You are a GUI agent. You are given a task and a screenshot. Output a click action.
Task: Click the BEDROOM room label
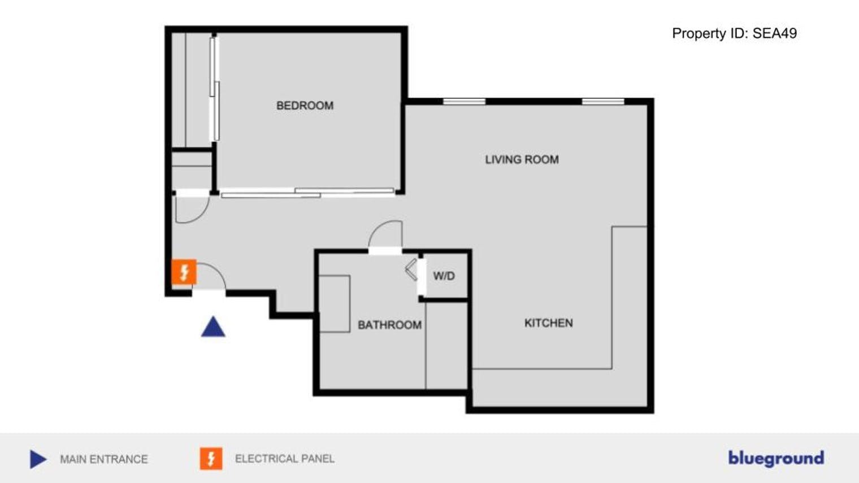pos(305,106)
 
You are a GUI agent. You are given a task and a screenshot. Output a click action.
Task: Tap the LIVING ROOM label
pos(522,159)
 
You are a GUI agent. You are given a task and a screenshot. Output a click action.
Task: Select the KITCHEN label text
pos(549,323)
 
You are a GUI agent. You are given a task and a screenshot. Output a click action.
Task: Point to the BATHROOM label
pos(389,325)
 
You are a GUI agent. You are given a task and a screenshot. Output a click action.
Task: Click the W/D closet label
pos(444,276)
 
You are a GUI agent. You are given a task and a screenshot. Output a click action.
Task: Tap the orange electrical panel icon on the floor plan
pos(184,272)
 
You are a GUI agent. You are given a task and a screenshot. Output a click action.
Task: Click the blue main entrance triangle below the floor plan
pos(213,327)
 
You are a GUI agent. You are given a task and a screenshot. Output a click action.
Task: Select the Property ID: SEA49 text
pos(734,33)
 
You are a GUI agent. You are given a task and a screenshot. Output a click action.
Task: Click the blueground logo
pos(776,459)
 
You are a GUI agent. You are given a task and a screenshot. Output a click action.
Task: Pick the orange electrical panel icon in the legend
pos(211,459)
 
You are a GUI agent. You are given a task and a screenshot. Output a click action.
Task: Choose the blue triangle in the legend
pos(38,459)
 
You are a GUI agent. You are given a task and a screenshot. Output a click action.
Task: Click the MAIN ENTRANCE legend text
pos(104,459)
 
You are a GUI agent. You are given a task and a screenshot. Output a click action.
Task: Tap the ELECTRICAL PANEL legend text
pos(285,459)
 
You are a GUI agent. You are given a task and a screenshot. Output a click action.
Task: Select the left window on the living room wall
pos(465,102)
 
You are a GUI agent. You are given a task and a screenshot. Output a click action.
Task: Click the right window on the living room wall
pos(603,102)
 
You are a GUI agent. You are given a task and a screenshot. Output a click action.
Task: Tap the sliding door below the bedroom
pos(307,193)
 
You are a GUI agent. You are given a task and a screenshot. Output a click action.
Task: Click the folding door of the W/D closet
pos(411,270)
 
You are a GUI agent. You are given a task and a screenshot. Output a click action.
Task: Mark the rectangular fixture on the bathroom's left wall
pos(335,303)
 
